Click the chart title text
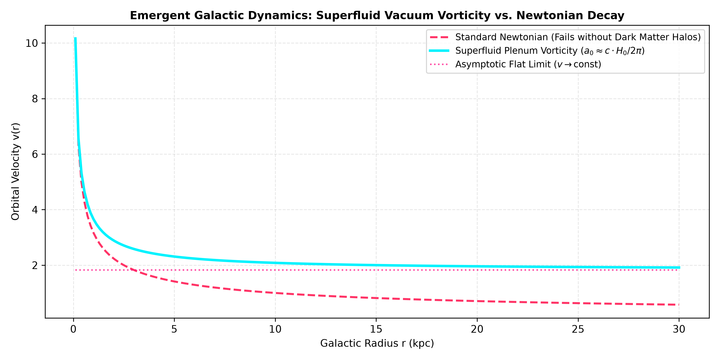point(377,15)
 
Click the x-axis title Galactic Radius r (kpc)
point(377,343)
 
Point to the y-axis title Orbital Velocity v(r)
point(15,172)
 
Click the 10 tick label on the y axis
point(32,43)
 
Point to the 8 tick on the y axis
point(35,99)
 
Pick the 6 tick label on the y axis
point(35,154)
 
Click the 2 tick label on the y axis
point(35,265)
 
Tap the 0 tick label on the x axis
point(73,329)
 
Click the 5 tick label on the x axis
point(174,329)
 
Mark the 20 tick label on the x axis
point(477,329)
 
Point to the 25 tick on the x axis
point(578,329)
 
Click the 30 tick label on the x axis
point(679,329)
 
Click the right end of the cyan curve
point(679,268)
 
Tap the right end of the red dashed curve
point(679,305)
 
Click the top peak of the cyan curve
point(75,38)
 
